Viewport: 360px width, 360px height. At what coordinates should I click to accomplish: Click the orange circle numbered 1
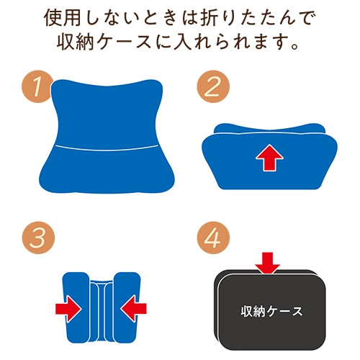pyautogui.click(x=37, y=86)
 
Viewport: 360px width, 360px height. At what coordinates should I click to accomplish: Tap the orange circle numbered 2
pyautogui.click(x=213, y=86)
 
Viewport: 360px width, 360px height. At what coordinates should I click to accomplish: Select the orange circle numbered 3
pyautogui.click(x=38, y=238)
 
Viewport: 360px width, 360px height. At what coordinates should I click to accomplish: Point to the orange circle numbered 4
pyautogui.click(x=213, y=238)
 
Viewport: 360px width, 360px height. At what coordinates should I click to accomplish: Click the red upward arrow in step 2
pyautogui.click(x=269, y=158)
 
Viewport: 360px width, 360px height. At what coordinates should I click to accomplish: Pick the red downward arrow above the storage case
pyautogui.click(x=267, y=263)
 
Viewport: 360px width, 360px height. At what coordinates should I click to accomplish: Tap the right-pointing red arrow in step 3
pyautogui.click(x=68, y=308)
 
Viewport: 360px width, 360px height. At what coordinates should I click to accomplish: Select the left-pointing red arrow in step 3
pyautogui.click(x=134, y=308)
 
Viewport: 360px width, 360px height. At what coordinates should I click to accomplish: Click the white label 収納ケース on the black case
pyautogui.click(x=271, y=312)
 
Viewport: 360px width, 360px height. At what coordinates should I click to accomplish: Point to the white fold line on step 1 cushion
pyautogui.click(x=107, y=148)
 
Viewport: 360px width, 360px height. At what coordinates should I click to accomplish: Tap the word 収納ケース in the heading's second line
pyautogui.click(x=104, y=43)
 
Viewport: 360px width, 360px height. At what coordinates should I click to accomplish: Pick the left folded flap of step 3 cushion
pyautogui.click(x=76, y=307)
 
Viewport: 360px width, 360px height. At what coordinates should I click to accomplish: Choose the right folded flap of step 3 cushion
pyautogui.click(x=127, y=307)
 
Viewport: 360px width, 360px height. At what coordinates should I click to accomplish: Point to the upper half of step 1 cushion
pyautogui.click(x=107, y=113)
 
